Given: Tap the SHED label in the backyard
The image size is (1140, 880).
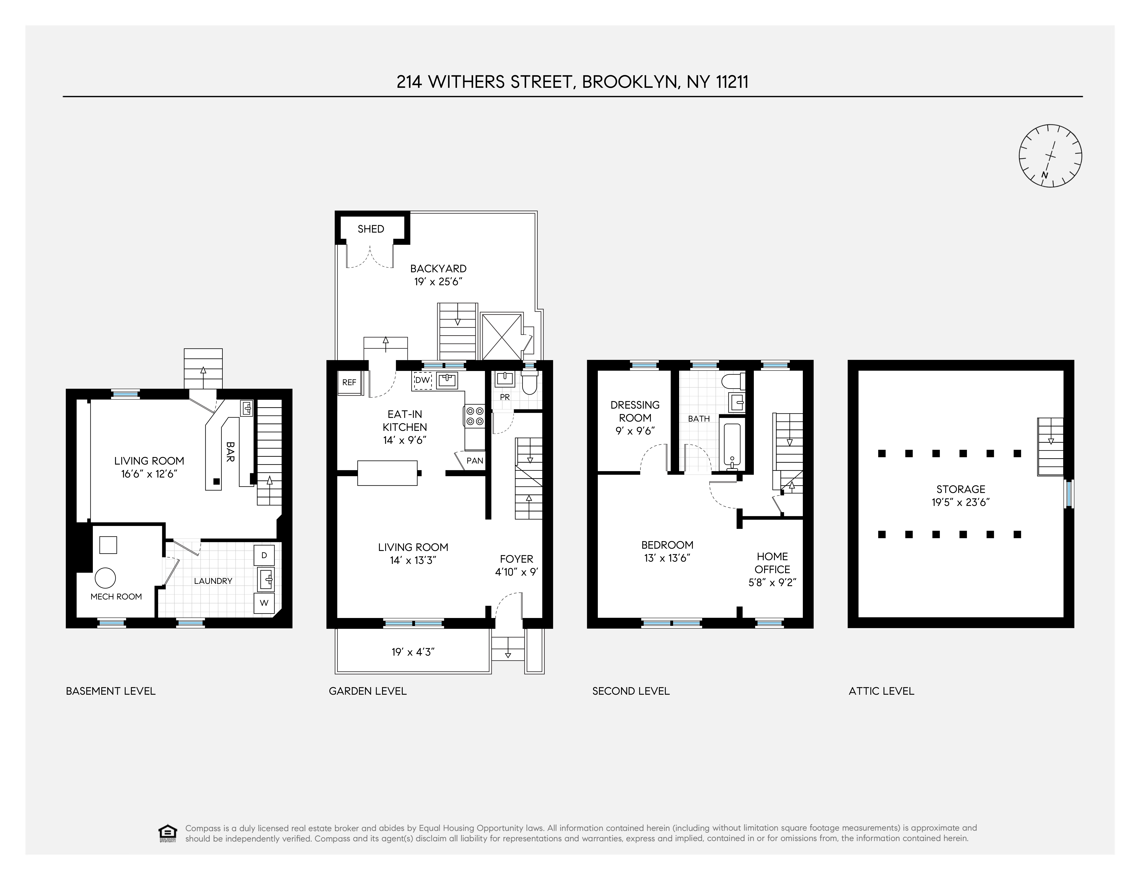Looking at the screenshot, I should (371, 229).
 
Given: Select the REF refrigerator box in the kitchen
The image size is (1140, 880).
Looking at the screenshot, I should (349, 382).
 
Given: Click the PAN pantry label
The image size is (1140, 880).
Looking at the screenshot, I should (474, 461).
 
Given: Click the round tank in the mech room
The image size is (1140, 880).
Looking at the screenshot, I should (105, 578).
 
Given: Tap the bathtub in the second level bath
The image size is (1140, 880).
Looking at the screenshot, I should (732, 445).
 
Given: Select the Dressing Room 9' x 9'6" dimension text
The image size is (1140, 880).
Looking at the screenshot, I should (635, 431).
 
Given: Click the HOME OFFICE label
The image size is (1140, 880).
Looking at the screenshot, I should (772, 563).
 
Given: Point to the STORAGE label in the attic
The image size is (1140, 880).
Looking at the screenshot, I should (960, 489).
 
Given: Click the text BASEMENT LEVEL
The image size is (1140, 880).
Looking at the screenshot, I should (111, 691).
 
